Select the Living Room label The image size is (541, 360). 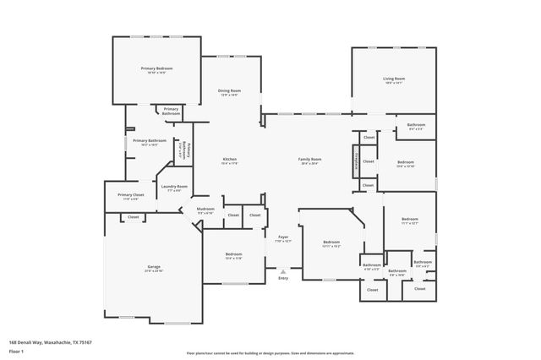click(394, 79)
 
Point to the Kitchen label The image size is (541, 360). click(228, 159)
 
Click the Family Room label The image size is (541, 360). click(309, 159)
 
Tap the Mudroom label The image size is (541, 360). click(205, 209)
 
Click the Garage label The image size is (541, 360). click(153, 267)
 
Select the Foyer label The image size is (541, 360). click(283, 237)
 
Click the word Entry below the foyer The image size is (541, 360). click(283, 277)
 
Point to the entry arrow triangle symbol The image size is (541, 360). click(283, 270)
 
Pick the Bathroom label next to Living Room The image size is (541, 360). click(416, 124)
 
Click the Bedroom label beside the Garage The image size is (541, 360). click(233, 254)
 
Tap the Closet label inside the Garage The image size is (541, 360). click(133, 217)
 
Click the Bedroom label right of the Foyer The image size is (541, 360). click(331, 243)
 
